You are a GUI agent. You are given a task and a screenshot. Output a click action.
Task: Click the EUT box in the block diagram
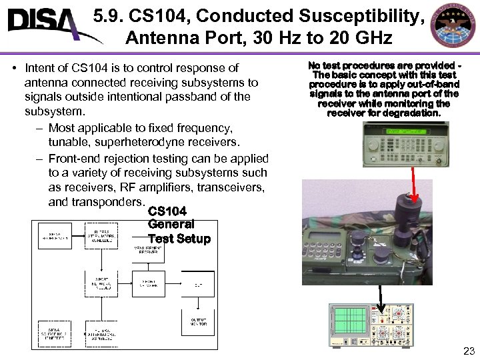(x=198, y=284)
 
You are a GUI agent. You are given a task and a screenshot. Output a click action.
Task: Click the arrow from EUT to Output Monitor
(x=197, y=304)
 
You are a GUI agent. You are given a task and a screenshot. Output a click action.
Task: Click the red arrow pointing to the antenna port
(x=414, y=184)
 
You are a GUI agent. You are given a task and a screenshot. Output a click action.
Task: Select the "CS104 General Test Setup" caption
(x=179, y=225)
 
